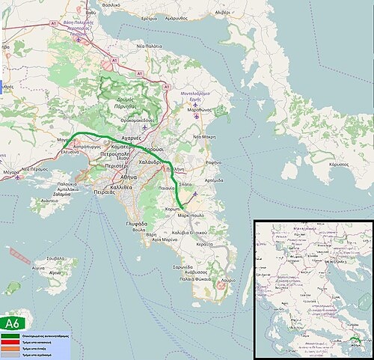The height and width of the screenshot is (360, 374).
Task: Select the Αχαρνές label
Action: click(x=131, y=138)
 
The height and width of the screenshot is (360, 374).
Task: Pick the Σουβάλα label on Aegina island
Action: click(x=55, y=259)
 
